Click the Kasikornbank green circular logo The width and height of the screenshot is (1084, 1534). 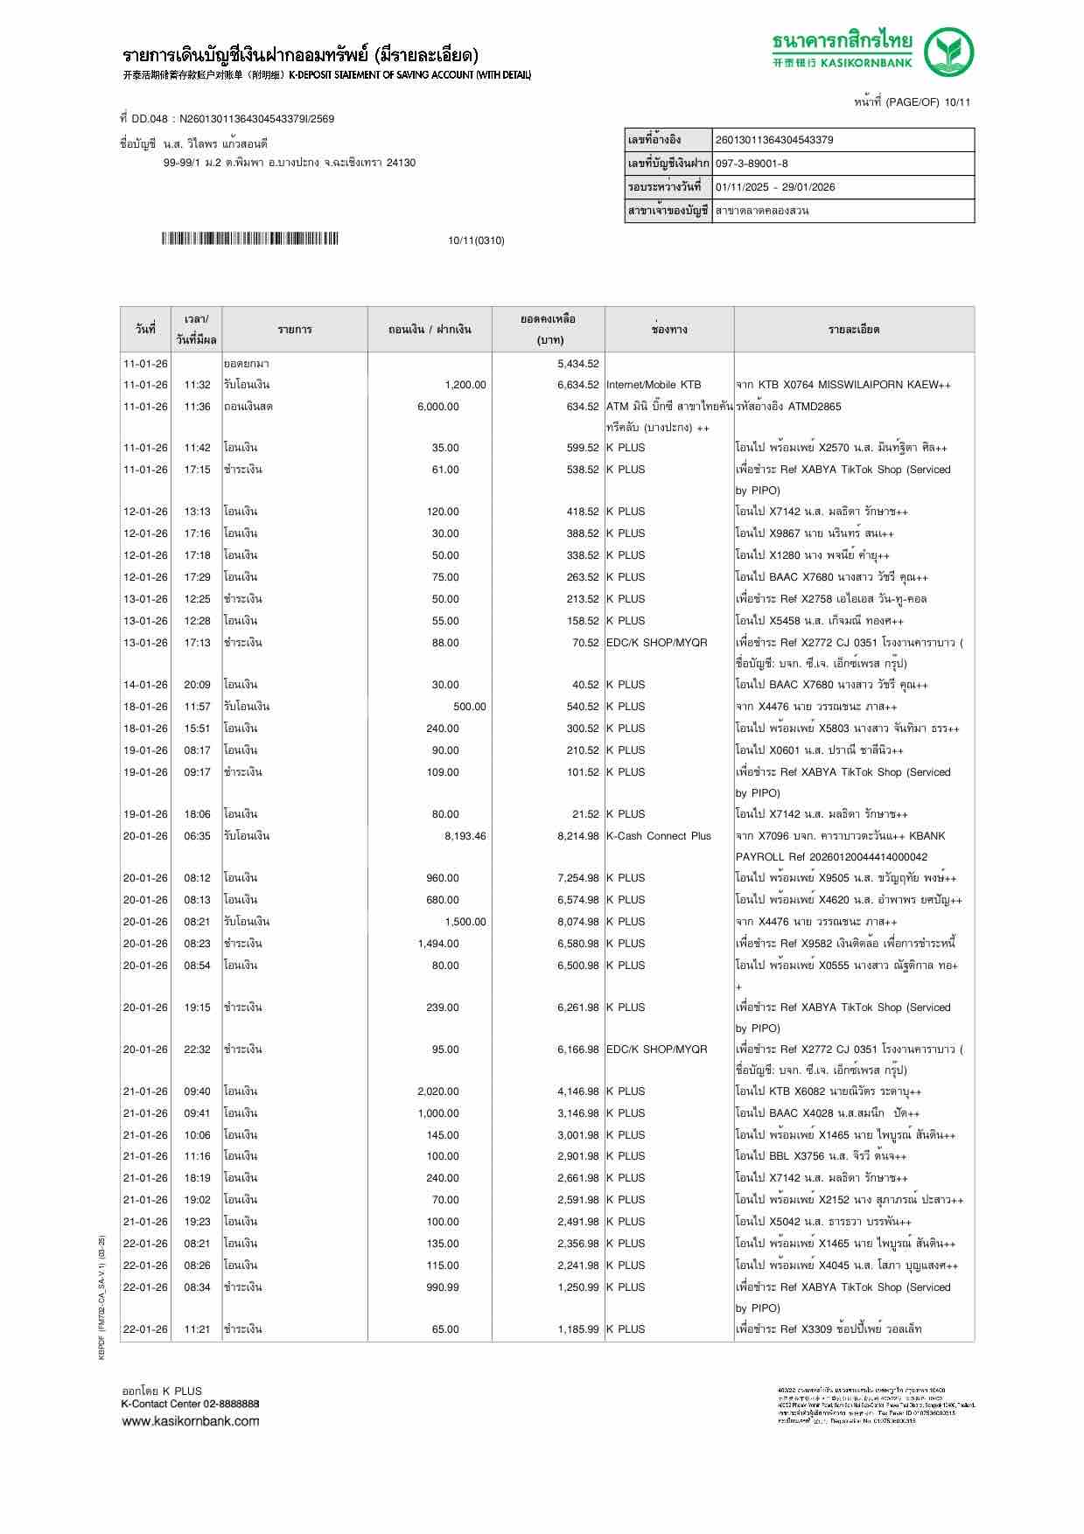[x=949, y=52]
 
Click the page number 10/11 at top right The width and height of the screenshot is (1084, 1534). [x=957, y=102]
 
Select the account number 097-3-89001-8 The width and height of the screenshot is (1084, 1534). [x=752, y=164]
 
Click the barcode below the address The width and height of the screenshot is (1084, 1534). [x=249, y=239]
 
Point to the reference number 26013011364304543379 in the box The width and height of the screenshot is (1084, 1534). [x=774, y=140]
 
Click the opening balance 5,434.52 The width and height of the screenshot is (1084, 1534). [x=577, y=363]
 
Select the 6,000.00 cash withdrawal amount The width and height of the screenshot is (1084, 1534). [x=437, y=407]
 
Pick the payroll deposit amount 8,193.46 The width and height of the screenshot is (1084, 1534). [x=465, y=836]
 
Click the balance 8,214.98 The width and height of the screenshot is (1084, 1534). [x=577, y=836]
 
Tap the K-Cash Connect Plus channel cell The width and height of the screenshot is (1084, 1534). [x=659, y=836]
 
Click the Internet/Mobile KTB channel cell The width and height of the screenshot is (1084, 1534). [x=654, y=385]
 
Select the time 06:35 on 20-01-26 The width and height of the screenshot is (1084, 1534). [x=197, y=836]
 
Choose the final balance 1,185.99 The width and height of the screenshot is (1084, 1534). [x=577, y=1329]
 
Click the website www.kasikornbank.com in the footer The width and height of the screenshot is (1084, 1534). [x=190, y=1421]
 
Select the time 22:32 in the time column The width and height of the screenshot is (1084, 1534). [x=197, y=1049]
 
